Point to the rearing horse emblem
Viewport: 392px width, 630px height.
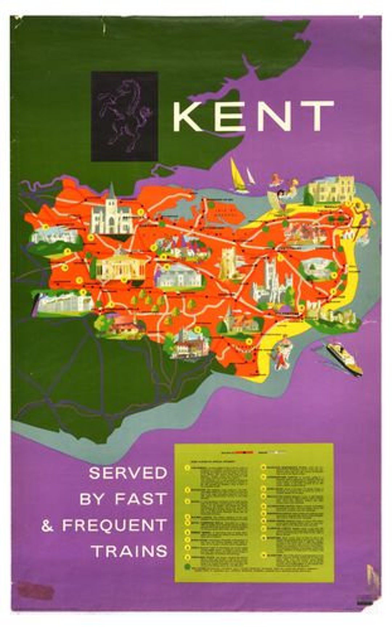pyautogui.click(x=124, y=116)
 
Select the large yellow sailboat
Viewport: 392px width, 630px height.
pyautogui.click(x=238, y=176)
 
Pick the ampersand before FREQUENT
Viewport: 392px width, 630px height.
pyautogui.click(x=47, y=526)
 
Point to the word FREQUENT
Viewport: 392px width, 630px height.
pyautogui.click(x=114, y=525)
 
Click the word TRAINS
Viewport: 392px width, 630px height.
pyautogui.click(x=130, y=552)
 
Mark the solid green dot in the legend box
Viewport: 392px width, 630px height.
pyautogui.click(x=188, y=566)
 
